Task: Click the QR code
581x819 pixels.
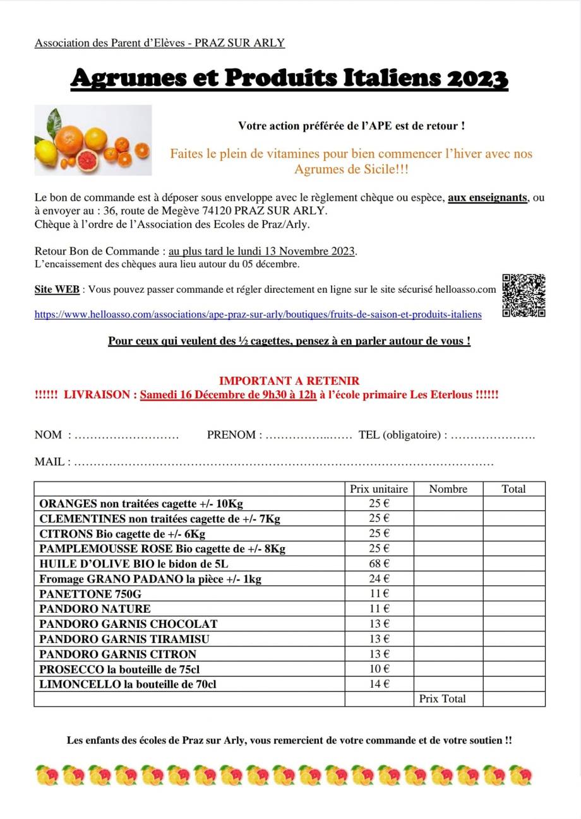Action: point(524,295)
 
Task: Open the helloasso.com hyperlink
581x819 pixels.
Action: point(258,314)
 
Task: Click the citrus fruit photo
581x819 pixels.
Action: point(93,140)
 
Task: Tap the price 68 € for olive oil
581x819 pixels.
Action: point(379,563)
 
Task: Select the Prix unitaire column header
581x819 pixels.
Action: point(379,488)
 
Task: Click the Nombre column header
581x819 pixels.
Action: point(448,488)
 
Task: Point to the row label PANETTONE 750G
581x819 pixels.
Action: point(90,594)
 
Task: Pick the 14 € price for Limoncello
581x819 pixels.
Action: point(379,684)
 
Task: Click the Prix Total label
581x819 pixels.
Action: point(442,698)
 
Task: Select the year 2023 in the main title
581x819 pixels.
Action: point(477,78)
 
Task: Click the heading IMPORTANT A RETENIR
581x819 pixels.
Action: point(289,381)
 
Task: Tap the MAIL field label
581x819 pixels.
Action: point(52,462)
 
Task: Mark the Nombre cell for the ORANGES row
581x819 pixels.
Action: point(448,504)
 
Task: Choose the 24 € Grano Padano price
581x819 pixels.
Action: point(379,579)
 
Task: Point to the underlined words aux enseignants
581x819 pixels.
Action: point(487,197)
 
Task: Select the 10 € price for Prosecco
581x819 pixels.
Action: point(379,669)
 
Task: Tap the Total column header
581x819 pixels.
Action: point(513,488)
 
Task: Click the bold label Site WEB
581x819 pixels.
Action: point(57,290)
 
